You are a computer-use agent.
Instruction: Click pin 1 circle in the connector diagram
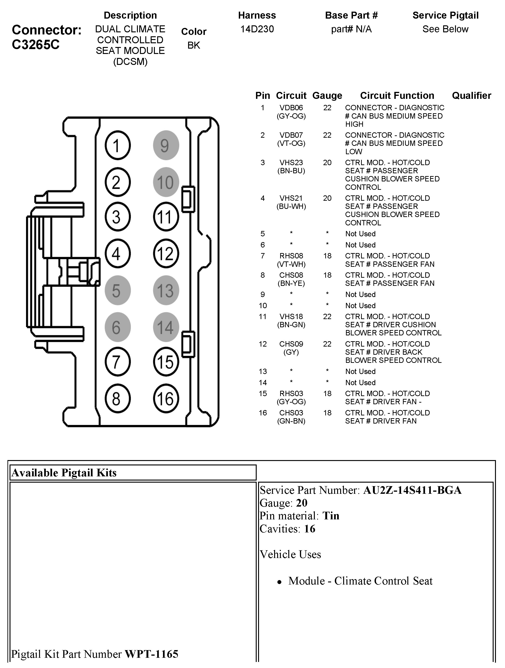pos(118,145)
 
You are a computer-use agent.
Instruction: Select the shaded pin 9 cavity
pos(166,145)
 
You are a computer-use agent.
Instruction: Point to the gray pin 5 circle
pos(118,290)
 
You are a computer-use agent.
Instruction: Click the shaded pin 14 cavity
pos(166,327)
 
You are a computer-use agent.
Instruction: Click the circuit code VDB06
pos(291,108)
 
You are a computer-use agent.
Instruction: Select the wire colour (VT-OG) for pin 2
pos(291,144)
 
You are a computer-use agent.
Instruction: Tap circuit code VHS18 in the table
pos(291,317)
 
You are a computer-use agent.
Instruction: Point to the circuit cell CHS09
pos(291,344)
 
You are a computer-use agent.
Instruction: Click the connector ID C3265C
pos(36,45)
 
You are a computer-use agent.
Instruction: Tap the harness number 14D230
pos(257,29)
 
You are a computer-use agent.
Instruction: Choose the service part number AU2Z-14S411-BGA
pos(412,490)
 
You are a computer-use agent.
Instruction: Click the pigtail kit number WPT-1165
pos(152,654)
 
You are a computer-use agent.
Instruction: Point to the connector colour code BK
pos(194,45)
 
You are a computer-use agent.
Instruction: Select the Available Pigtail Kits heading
pos(64,473)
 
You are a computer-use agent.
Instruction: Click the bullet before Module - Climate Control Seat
pos(279,582)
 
